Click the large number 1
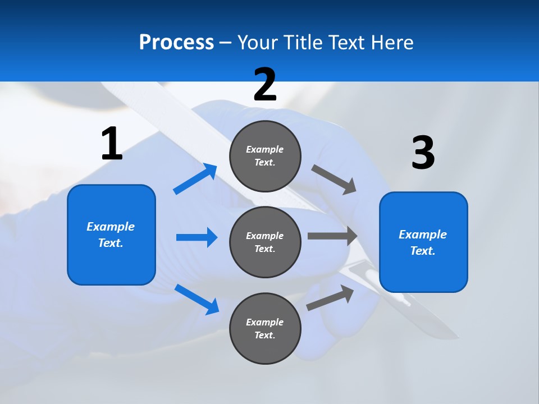[112, 144]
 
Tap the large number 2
[265, 85]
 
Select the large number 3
[423, 153]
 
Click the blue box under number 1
[111, 235]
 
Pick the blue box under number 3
[423, 242]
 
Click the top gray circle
[265, 156]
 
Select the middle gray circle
[265, 242]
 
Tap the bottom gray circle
[265, 328]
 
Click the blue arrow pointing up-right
[195, 179]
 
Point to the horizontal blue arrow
[197, 237]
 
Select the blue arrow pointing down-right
[197, 299]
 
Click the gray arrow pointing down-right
[334, 180]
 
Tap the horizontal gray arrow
[332, 236]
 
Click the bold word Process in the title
[176, 42]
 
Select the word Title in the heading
[303, 42]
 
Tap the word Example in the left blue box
[111, 227]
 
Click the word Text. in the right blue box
[423, 251]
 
